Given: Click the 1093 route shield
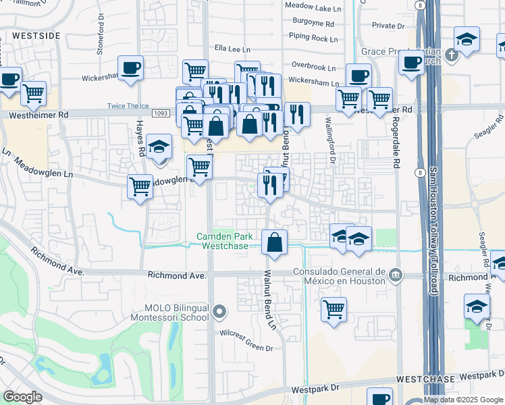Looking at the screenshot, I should point(160,113).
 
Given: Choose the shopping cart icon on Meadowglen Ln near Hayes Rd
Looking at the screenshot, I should point(140,186).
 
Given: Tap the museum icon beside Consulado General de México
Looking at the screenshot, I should point(396,275).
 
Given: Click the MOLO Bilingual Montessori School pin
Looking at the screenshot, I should point(219,312).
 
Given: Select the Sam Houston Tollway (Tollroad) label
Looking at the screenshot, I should point(433,216).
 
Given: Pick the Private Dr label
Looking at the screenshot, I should point(388,26).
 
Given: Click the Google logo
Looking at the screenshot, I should point(23,397).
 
